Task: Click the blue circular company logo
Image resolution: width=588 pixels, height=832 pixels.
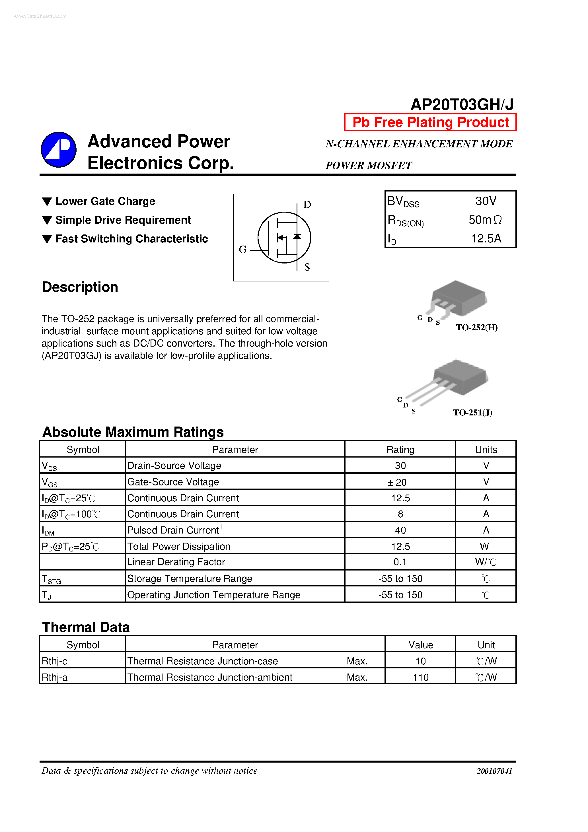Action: (x=58, y=149)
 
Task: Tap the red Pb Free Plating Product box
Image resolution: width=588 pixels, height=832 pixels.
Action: (x=430, y=122)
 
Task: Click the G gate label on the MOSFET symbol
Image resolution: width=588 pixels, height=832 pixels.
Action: (x=242, y=249)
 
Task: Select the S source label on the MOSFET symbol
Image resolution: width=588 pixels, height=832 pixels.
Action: (x=307, y=267)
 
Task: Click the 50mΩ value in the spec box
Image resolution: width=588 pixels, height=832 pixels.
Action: (x=485, y=220)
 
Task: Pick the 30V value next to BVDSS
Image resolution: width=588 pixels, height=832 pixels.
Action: (x=486, y=201)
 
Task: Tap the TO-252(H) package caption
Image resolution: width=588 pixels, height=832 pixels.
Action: (x=476, y=328)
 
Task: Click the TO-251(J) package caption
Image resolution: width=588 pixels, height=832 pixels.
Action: (x=472, y=412)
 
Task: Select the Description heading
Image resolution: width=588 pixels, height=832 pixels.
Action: (x=80, y=287)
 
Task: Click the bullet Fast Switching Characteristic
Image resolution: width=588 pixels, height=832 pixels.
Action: (x=131, y=239)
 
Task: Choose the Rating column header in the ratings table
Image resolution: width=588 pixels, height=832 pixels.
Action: (x=400, y=450)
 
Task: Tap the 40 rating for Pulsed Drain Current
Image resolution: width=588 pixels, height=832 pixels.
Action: (x=400, y=530)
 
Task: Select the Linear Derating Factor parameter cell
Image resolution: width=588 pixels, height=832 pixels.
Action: (x=176, y=562)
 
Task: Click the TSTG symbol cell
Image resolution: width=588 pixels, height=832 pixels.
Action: (x=51, y=579)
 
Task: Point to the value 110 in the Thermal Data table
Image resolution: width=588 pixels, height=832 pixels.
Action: (x=421, y=677)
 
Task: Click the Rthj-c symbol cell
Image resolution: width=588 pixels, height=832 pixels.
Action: (x=54, y=661)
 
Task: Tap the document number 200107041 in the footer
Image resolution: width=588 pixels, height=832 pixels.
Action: (x=494, y=771)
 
